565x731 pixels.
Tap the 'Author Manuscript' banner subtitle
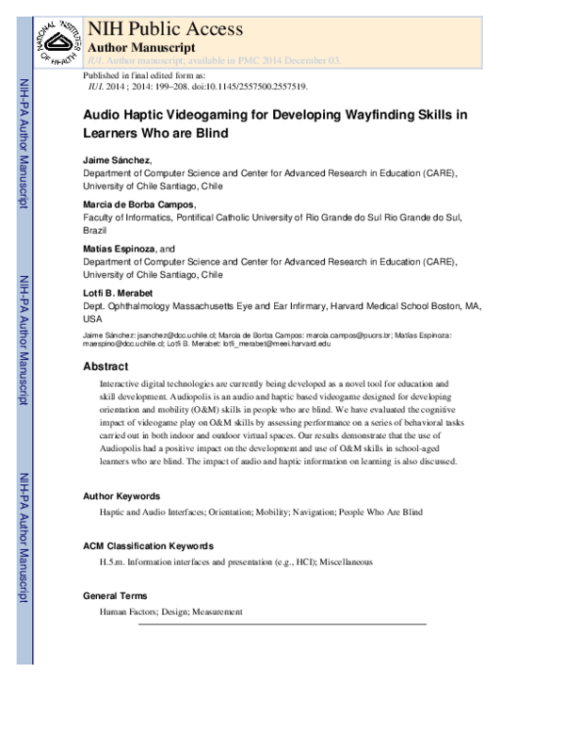click(x=142, y=47)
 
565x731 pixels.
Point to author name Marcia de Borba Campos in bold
click(x=139, y=203)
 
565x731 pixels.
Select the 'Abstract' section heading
click(x=105, y=366)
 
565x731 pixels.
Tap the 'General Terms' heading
click(x=116, y=596)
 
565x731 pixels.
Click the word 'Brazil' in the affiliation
click(x=95, y=230)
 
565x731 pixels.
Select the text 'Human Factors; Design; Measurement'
click(x=170, y=612)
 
